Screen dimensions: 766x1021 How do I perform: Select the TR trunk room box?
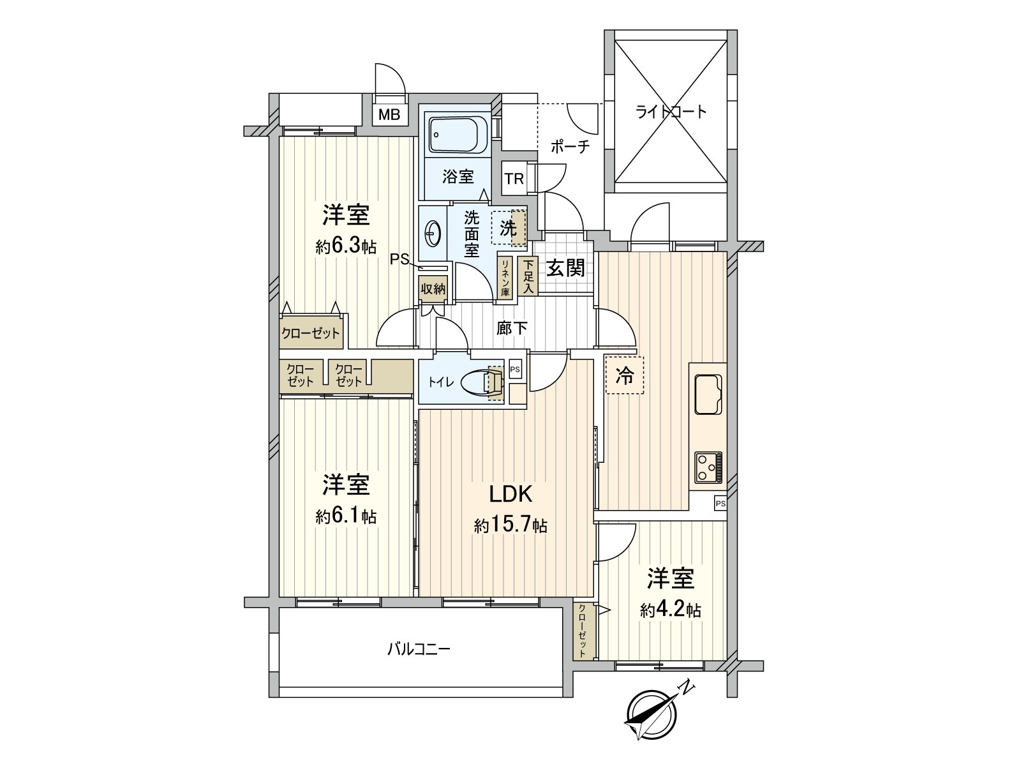514,179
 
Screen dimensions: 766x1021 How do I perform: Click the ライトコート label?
671,112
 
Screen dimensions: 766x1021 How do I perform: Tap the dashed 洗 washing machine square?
509,228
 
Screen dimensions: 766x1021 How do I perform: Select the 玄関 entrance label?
565,269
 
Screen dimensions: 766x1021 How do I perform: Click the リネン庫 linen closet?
505,277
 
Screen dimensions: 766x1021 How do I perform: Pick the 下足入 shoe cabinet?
528,276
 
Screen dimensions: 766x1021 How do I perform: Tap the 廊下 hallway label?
512,328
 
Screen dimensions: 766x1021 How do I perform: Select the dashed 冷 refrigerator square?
625,375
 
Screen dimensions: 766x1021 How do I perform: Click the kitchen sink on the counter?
708,395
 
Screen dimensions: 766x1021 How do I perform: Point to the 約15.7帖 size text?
510,526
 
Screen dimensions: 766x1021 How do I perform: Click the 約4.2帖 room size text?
671,610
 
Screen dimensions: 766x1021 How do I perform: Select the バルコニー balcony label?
419,650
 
